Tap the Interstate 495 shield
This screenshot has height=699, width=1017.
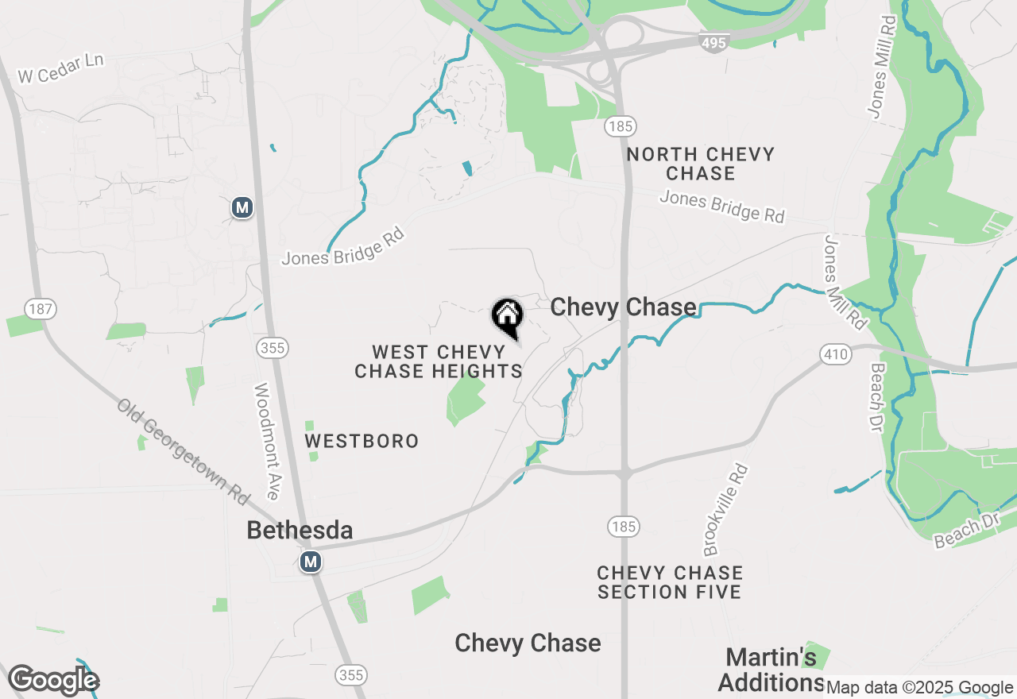coord(713,43)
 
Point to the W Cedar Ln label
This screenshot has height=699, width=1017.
coord(61,69)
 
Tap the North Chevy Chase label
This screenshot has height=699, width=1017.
coord(700,163)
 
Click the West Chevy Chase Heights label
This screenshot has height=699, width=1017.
coord(439,361)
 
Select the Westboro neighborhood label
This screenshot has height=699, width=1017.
coord(362,441)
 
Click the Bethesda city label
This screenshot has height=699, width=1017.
coord(300,531)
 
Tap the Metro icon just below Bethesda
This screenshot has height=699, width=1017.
coord(311,562)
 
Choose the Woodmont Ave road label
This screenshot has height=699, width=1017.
coord(266,441)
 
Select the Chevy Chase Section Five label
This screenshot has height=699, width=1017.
coord(670,582)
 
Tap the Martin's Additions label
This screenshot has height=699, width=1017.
coord(771,670)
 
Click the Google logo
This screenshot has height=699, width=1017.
coord(53,680)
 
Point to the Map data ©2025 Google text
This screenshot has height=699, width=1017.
coord(919,688)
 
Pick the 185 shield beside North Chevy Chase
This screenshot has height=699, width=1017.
coord(619,126)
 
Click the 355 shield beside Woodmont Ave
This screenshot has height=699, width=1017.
coord(273,348)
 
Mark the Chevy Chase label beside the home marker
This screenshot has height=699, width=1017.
coord(623,307)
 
